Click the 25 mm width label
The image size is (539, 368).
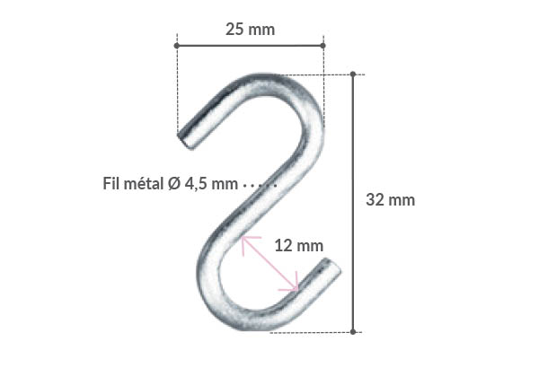coord(250,30)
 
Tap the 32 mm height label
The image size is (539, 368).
coord(391,200)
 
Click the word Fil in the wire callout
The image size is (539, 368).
coord(114,184)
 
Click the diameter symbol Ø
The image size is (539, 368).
coord(173,184)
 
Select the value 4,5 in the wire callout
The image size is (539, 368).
coord(197,184)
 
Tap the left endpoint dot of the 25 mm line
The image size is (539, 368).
coord(177,44)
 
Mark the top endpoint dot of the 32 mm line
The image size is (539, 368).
coord(353,74)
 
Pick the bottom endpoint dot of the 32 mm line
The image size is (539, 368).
coord(353,331)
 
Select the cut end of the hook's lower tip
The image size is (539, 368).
coord(333,267)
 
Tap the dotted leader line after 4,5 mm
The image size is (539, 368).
coord(260,185)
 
